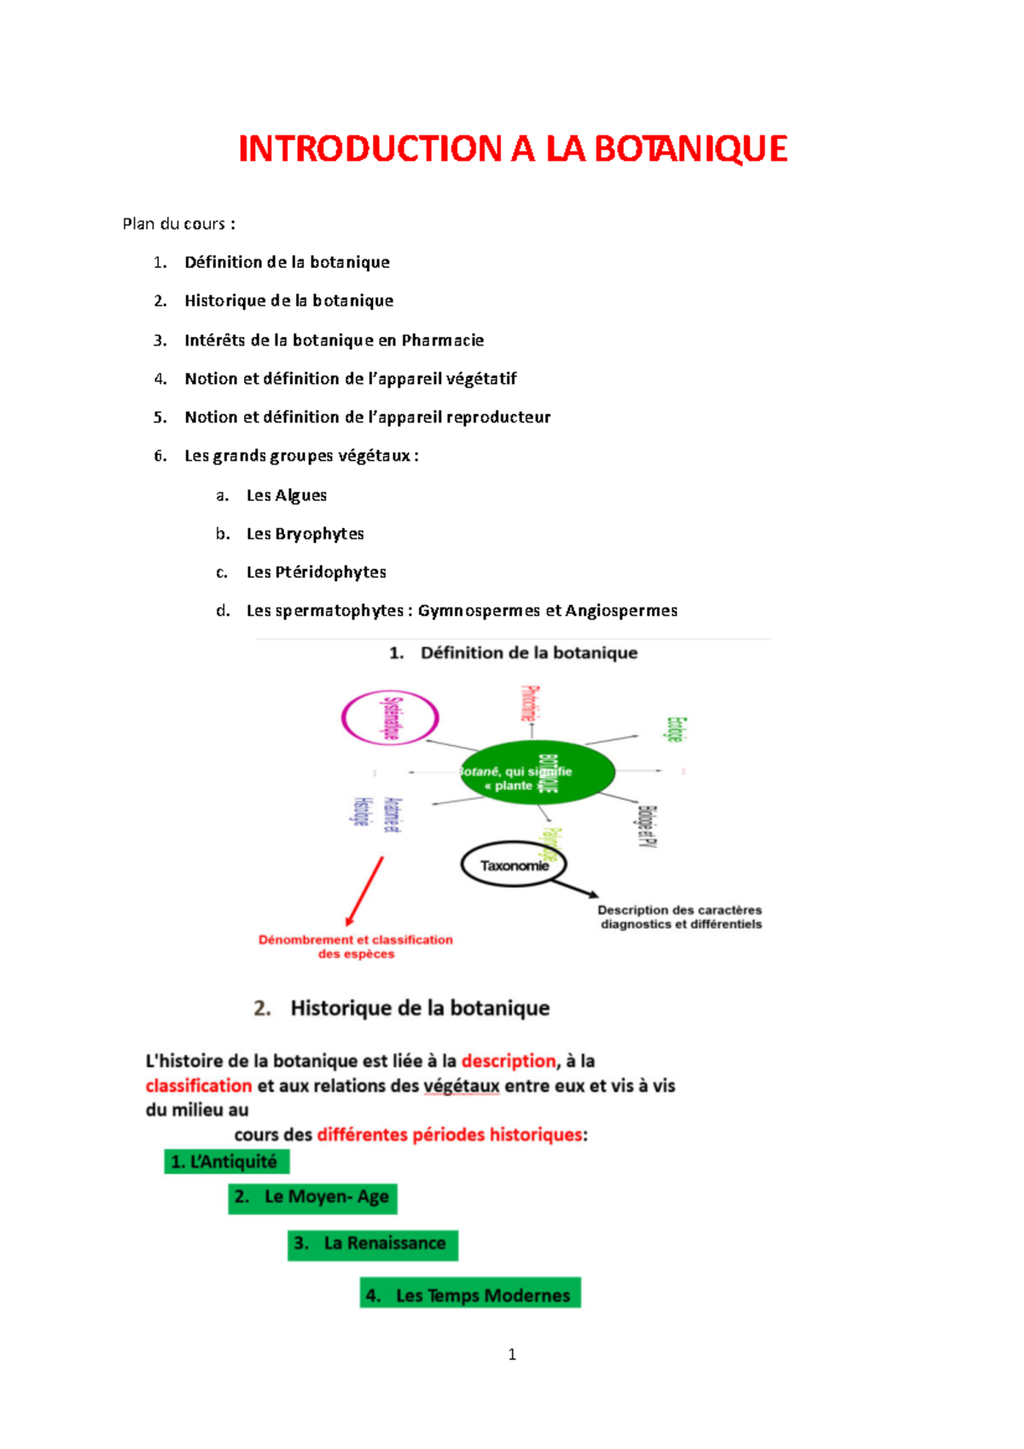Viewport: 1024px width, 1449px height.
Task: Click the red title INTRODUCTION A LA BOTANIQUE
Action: [512, 149]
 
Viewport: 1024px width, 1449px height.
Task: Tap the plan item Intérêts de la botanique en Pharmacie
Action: [334, 340]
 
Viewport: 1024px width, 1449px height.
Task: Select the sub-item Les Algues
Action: [286, 495]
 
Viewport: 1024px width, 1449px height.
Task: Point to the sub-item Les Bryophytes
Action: [305, 533]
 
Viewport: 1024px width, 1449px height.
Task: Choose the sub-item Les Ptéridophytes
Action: [316, 572]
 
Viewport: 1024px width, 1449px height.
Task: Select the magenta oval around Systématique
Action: [390, 718]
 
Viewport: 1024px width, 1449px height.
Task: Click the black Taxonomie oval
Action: [513, 865]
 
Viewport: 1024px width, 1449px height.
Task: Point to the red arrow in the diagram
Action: [365, 891]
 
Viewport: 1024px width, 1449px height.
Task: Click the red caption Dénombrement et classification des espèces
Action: [356, 946]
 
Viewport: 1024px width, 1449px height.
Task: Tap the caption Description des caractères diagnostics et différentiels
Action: [680, 917]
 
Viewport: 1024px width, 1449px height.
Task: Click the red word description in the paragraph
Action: [509, 1061]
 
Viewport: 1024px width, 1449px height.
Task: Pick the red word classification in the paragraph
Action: [199, 1085]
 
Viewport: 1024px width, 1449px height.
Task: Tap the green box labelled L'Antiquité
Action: [227, 1161]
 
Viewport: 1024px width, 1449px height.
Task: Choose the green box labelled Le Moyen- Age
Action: [313, 1197]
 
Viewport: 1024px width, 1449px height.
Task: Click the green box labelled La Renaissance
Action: [373, 1244]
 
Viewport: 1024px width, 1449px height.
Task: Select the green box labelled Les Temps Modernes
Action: [470, 1294]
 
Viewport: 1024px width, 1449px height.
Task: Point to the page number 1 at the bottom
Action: [512, 1354]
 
